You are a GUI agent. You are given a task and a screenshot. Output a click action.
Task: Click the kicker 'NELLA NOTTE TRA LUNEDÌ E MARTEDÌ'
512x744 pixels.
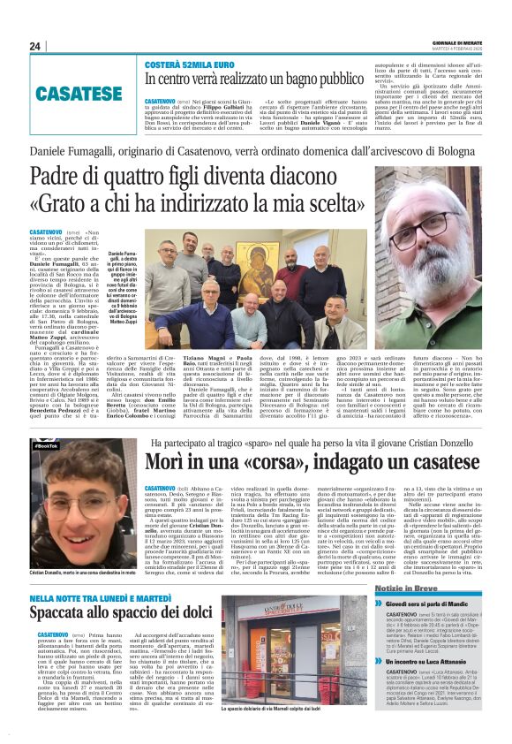coord(112,574)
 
